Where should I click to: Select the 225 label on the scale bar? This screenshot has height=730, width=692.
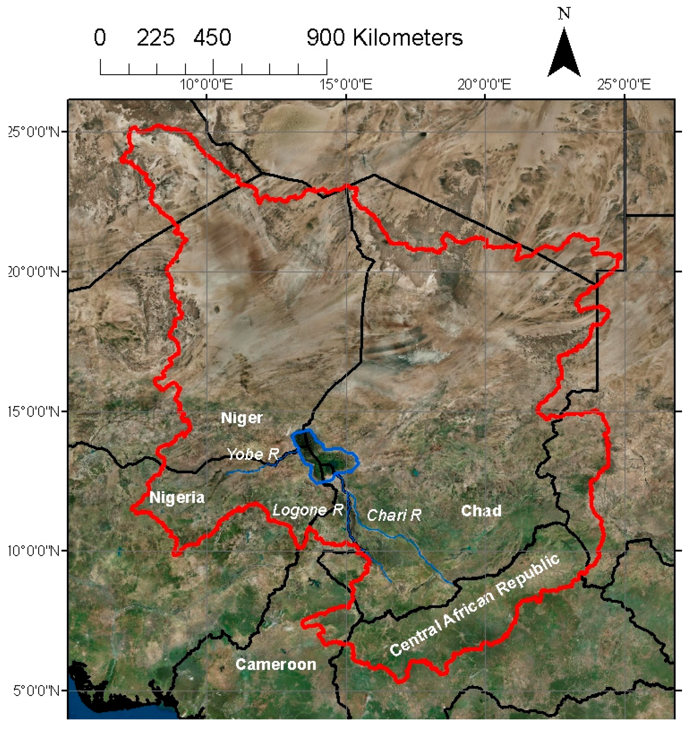[156, 37]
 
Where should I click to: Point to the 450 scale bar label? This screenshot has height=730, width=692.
[212, 37]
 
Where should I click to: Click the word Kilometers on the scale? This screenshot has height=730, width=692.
[408, 37]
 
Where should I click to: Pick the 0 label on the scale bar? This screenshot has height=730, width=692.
[100, 37]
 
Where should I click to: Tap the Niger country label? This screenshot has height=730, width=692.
[242, 418]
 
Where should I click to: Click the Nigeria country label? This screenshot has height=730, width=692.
[177, 498]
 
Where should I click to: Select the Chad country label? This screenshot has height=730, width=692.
[482, 511]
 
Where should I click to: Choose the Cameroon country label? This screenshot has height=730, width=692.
[276, 664]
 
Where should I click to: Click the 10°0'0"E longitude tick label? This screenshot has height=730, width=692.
[207, 85]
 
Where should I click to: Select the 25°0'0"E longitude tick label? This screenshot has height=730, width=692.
[624, 85]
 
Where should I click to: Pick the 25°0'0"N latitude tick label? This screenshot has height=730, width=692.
[33, 132]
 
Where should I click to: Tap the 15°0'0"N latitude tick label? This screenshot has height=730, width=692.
[33, 411]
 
